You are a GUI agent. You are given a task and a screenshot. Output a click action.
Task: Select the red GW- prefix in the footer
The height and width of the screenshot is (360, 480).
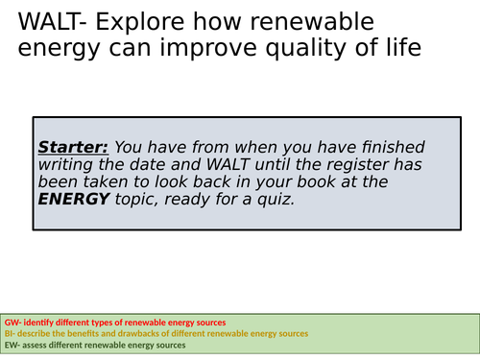coord(13,321)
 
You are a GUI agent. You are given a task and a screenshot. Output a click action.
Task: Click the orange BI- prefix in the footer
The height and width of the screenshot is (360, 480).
coord(11,333)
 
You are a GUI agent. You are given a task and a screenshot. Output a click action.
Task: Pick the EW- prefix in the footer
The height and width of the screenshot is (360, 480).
coord(12,346)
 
